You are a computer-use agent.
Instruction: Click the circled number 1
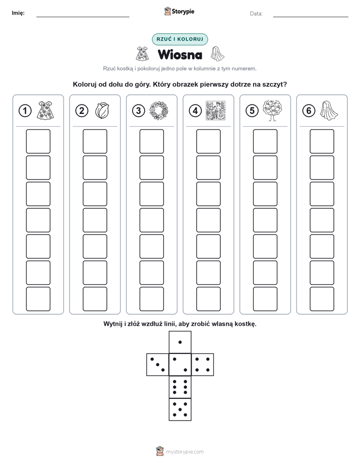click(x=25, y=111)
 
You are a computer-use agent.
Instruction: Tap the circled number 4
click(x=195, y=111)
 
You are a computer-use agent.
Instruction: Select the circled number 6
click(x=309, y=111)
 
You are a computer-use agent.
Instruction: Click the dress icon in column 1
click(x=46, y=110)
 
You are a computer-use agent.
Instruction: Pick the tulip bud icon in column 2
click(x=102, y=110)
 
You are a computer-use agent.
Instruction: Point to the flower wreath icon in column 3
click(x=159, y=110)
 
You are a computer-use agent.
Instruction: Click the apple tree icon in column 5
click(x=272, y=110)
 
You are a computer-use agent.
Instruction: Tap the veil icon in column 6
click(x=329, y=110)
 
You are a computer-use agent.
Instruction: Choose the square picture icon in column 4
click(x=215, y=110)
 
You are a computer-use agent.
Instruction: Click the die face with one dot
click(x=180, y=342)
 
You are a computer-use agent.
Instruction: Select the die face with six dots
click(x=180, y=387)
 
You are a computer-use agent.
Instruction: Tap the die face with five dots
click(x=180, y=409)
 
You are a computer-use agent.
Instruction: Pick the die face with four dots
click(x=202, y=365)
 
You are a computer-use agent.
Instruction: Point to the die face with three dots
click(x=158, y=365)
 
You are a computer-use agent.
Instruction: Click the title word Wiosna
click(x=180, y=54)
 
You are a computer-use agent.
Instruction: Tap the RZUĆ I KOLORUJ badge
click(x=180, y=39)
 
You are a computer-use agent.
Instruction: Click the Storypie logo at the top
click(x=179, y=12)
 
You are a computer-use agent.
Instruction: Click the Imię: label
click(x=18, y=13)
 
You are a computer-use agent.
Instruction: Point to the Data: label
click(x=256, y=14)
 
